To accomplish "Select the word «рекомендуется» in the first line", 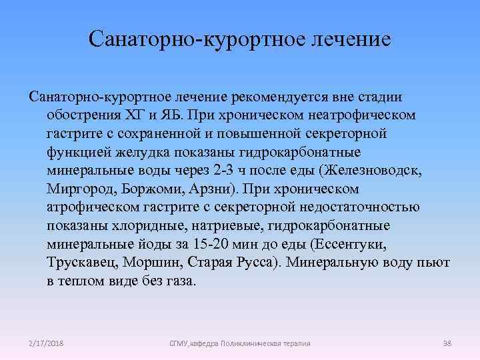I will click(275, 98).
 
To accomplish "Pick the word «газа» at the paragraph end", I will click(180, 280).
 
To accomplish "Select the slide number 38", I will click(447, 343).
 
